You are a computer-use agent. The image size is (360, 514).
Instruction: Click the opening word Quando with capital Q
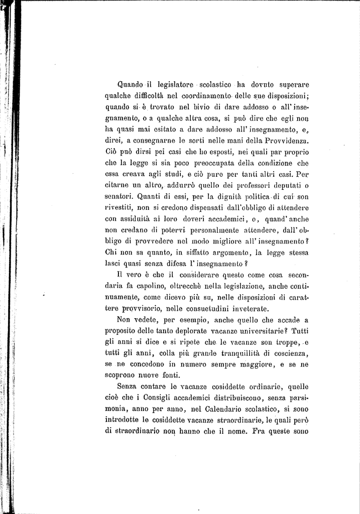tap(130, 84)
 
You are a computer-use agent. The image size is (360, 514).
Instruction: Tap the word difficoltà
tap(149, 95)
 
